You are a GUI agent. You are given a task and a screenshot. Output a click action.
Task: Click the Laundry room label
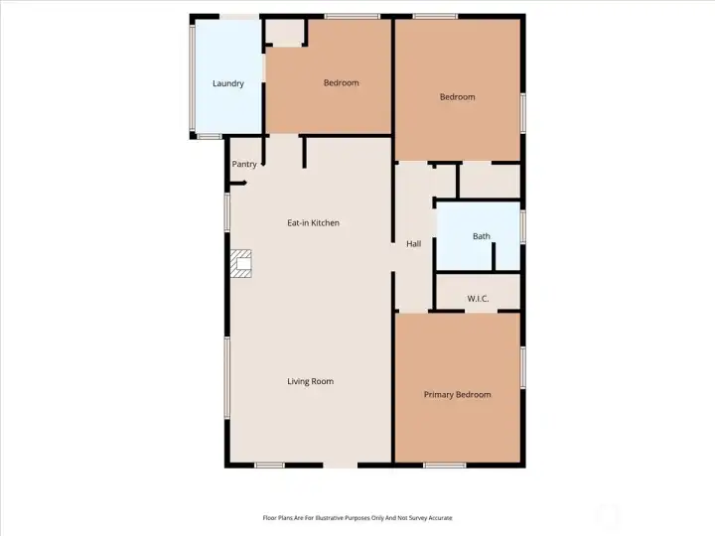coord(227,83)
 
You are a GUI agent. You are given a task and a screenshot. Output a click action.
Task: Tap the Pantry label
coord(244,164)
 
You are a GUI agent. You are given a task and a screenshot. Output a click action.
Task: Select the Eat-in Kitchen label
coord(313,223)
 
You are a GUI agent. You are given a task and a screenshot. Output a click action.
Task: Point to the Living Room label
coord(310,381)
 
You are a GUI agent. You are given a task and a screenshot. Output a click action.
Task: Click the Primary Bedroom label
coord(457,394)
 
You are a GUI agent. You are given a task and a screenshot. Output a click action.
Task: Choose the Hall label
coord(414,243)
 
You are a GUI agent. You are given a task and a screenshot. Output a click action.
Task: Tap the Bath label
coord(481,236)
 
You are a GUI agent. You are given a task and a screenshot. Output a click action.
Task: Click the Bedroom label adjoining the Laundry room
coord(341,82)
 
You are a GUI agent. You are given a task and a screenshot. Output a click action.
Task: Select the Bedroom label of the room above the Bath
coord(457,96)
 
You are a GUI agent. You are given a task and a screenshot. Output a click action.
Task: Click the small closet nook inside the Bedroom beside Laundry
coord(285,32)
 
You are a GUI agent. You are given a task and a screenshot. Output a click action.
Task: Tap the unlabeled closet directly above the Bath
coord(489,181)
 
